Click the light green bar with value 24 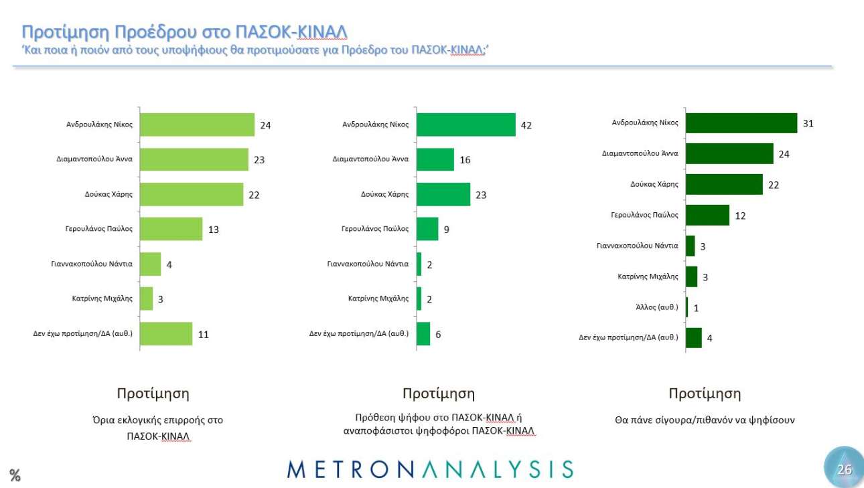[198, 125]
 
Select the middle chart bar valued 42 [465, 125]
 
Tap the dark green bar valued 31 [742, 123]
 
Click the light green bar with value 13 [171, 229]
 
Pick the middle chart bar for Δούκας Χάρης [443, 194]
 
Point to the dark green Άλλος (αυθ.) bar [687, 308]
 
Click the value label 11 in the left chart [203, 334]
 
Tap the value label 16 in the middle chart [465, 160]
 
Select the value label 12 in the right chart [739, 216]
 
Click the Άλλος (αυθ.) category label [657, 307]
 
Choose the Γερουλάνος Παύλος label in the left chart [98, 228]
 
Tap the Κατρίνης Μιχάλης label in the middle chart [378, 299]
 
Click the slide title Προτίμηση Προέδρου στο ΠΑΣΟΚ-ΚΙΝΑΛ [185, 32]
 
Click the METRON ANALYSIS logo [430, 469]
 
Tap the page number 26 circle [844, 469]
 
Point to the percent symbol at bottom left [15, 476]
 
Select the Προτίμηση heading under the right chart [705, 394]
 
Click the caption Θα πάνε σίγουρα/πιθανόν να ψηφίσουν [705, 420]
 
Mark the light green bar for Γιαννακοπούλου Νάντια [151, 264]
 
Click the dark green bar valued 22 [725, 185]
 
